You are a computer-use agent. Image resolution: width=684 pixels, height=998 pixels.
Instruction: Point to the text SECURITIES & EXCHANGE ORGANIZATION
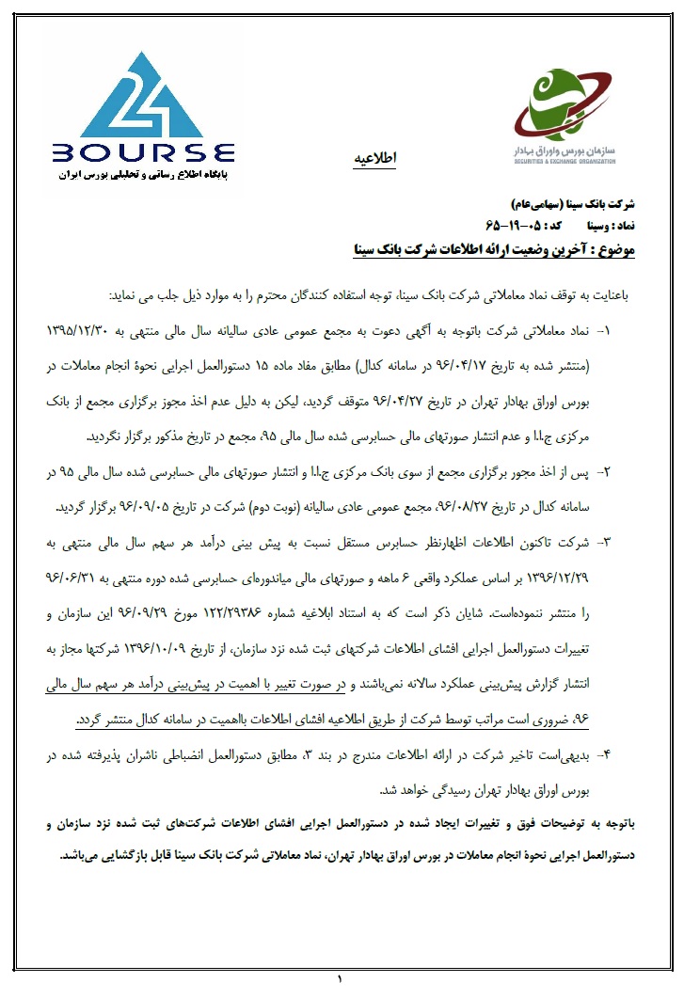564,162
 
